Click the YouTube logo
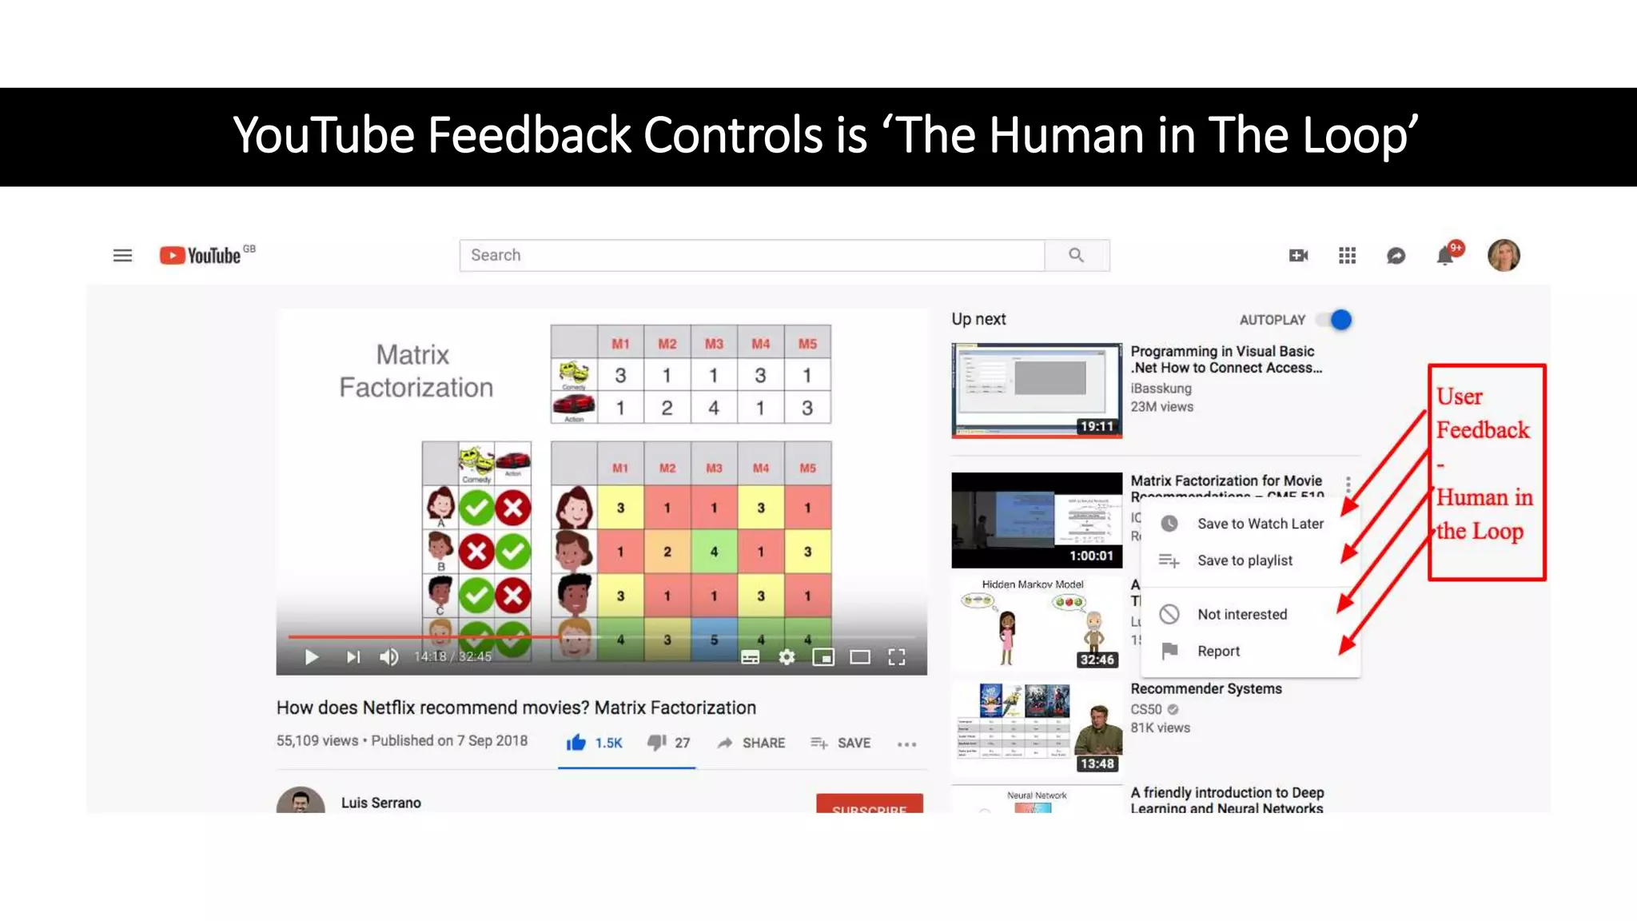point(201,255)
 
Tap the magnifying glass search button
point(1076,255)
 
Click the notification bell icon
point(1445,256)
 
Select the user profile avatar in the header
point(1503,256)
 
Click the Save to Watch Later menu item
point(1260,524)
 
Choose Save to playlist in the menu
point(1244,560)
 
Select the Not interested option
point(1241,614)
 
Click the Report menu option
point(1218,651)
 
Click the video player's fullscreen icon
point(897,657)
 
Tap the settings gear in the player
point(787,657)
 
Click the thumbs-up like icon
point(576,743)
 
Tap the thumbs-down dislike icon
point(656,743)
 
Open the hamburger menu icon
point(122,256)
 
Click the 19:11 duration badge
point(1097,426)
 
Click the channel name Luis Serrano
point(380,803)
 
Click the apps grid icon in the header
point(1347,256)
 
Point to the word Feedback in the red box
point(1482,430)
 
